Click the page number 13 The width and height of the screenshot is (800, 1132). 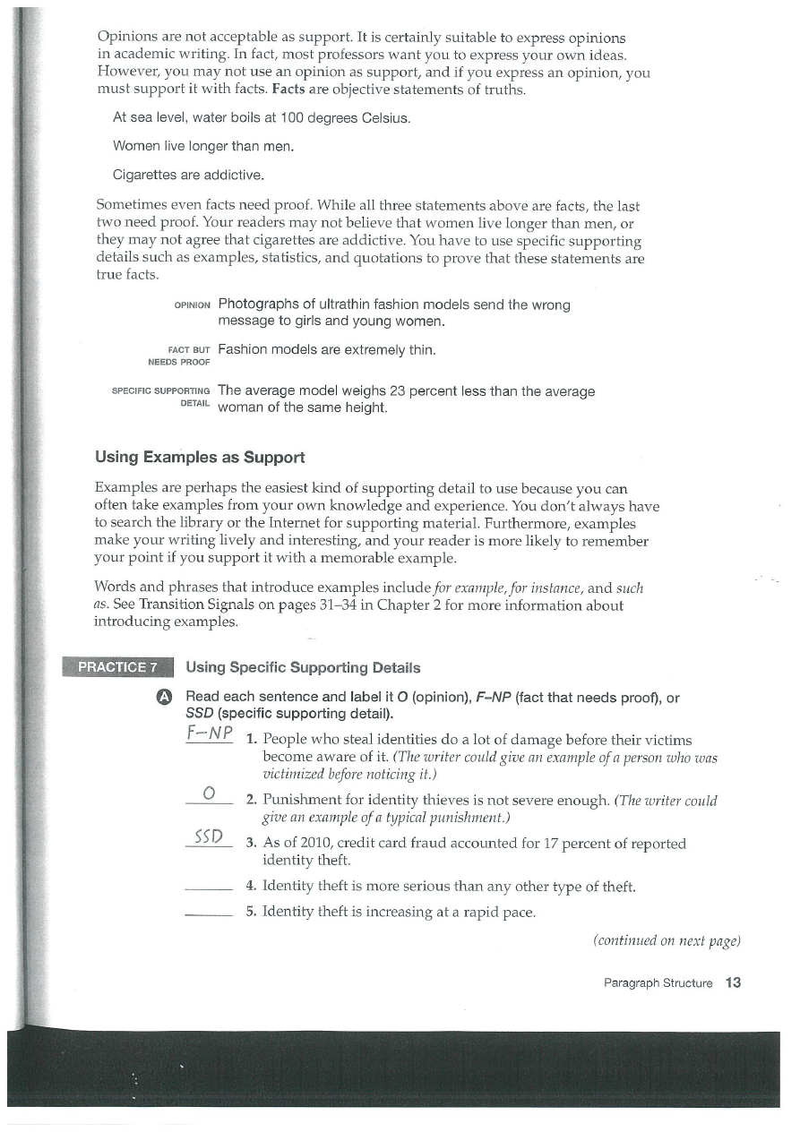734,982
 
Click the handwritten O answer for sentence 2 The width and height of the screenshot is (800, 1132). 208,791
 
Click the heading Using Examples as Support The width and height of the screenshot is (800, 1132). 200,458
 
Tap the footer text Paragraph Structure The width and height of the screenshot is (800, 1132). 658,983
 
